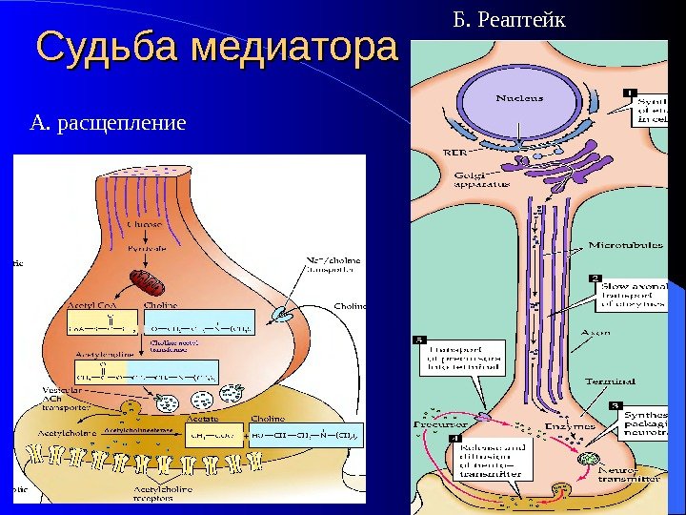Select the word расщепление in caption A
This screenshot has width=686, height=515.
[122, 123]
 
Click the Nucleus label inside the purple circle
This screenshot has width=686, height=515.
[519, 97]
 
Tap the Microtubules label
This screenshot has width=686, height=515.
[625, 245]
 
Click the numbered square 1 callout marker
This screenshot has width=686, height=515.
[631, 92]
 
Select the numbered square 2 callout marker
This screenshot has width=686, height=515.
[595, 278]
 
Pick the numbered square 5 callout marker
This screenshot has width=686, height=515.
[419, 340]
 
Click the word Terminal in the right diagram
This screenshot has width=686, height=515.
[610, 381]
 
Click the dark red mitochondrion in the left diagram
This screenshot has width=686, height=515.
[148, 279]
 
